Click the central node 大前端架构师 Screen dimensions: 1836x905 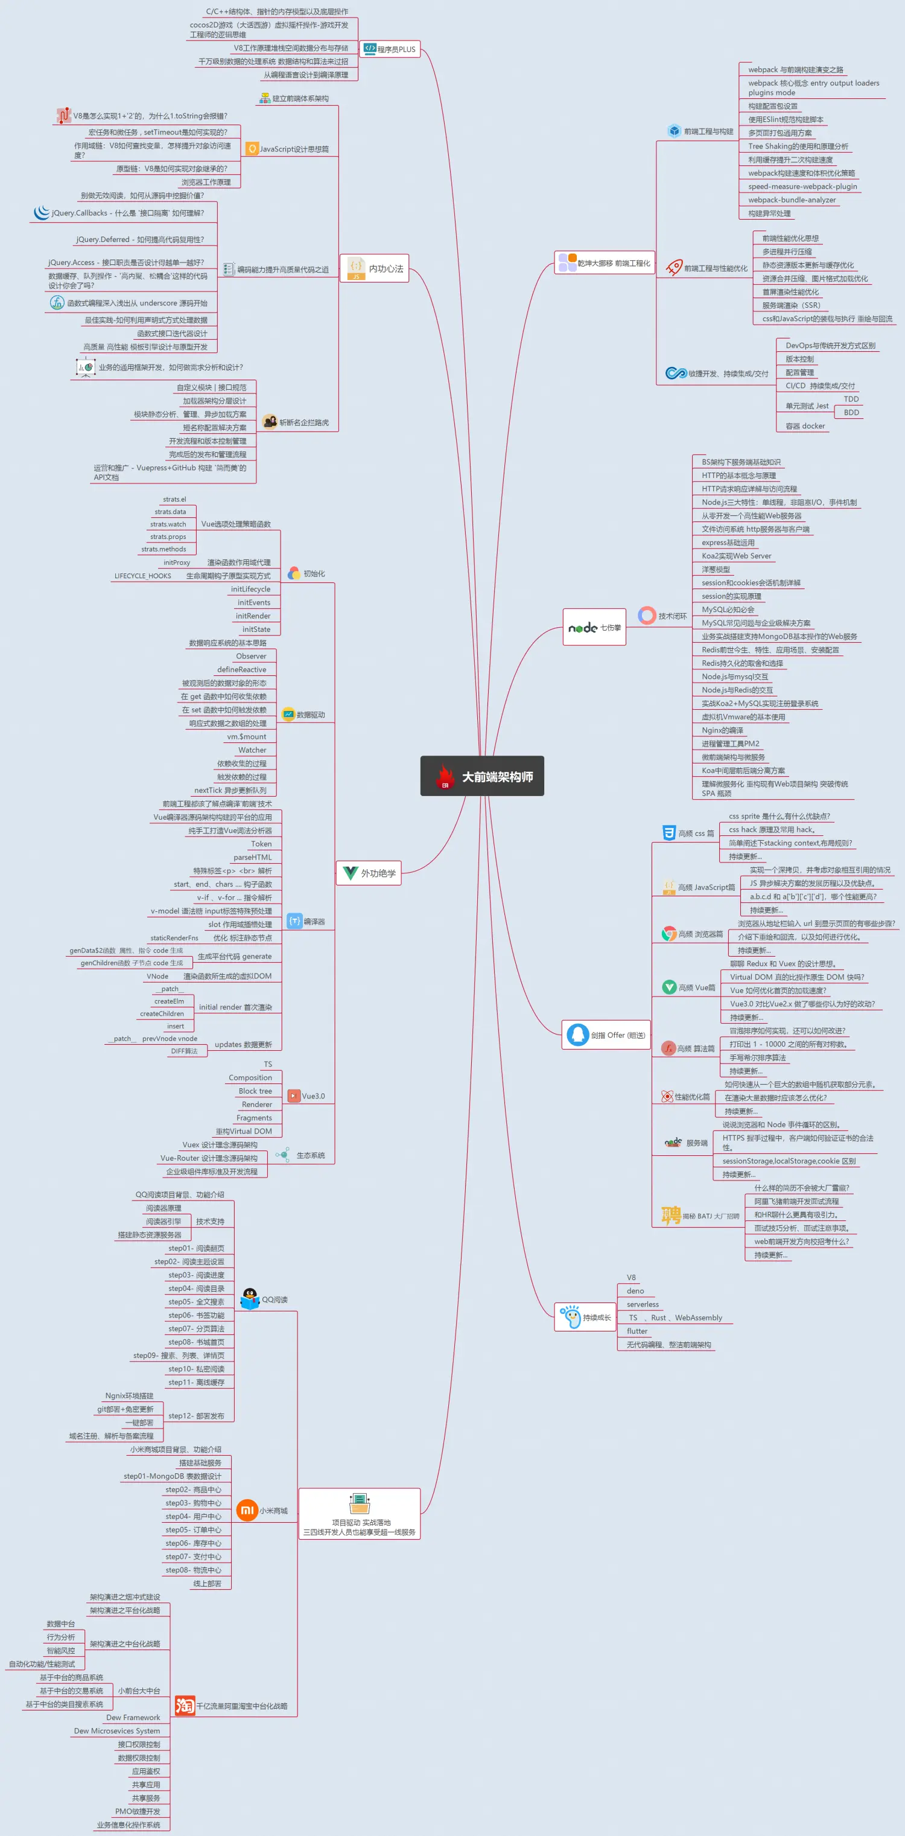coord(483,776)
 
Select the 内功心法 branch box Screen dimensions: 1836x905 coord(374,269)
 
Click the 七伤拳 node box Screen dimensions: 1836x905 coord(594,627)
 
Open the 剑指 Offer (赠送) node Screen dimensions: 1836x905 coord(606,1035)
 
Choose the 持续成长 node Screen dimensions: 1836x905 coord(585,1317)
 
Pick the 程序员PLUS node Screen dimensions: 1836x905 coord(390,49)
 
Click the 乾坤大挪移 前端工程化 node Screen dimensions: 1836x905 coord(605,263)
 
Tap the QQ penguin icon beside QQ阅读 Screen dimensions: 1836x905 coord(249,1299)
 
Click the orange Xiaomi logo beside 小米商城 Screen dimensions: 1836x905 coord(247,1510)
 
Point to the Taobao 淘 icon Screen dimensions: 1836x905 coord(185,1706)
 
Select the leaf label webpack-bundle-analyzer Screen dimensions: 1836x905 coord(792,200)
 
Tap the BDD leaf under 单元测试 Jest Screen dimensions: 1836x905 coord(851,413)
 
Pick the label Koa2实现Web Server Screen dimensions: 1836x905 coord(736,556)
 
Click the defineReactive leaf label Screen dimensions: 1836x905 coord(241,670)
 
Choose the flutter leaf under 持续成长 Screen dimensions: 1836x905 coord(637,1331)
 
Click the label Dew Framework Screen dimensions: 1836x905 coord(133,1718)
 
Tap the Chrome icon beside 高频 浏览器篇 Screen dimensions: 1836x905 coord(669,934)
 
